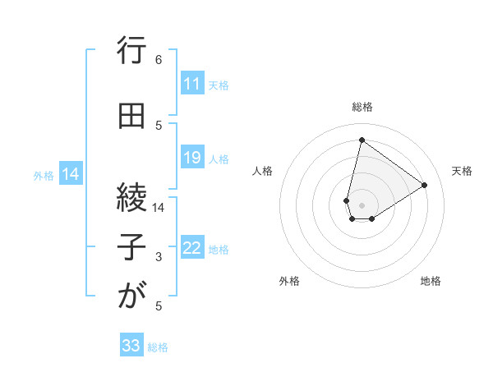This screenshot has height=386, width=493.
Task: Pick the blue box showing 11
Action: (192, 84)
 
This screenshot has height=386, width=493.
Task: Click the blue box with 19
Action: (192, 158)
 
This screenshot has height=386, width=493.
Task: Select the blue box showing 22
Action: (192, 248)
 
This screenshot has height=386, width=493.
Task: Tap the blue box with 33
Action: (131, 346)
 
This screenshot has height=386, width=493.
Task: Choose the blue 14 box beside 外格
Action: (71, 174)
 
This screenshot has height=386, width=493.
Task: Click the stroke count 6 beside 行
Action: (159, 60)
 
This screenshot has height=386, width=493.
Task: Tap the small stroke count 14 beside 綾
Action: (159, 208)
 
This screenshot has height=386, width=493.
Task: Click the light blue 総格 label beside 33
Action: (158, 347)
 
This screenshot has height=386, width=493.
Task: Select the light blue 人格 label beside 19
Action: (219, 159)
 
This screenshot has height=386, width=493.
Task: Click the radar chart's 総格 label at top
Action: (362, 107)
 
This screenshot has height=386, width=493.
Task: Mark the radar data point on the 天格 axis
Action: (425, 185)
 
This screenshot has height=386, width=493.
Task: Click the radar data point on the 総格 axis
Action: (362, 139)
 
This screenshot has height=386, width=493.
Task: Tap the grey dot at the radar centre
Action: (362, 204)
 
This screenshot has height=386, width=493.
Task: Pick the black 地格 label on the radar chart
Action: (431, 281)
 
